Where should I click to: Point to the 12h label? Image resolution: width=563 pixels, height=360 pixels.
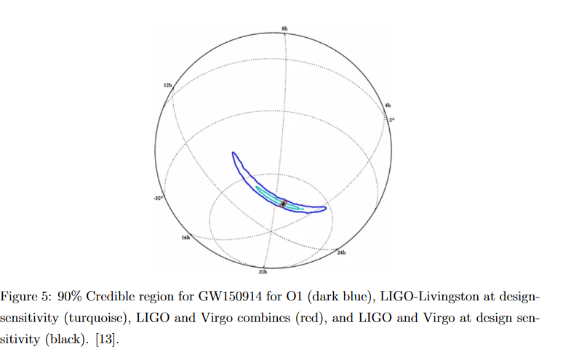coord(168,86)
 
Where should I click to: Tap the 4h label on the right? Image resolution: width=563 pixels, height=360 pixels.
coord(388,106)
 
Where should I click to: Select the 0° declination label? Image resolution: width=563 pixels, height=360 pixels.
coord(391,119)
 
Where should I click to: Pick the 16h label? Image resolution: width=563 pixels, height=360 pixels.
coord(186,237)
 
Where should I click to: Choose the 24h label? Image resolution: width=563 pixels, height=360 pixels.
coord(341,252)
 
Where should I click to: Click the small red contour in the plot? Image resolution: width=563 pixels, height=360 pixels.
coord(284,204)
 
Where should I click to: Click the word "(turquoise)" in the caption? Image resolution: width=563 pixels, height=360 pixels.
coord(91,319)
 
